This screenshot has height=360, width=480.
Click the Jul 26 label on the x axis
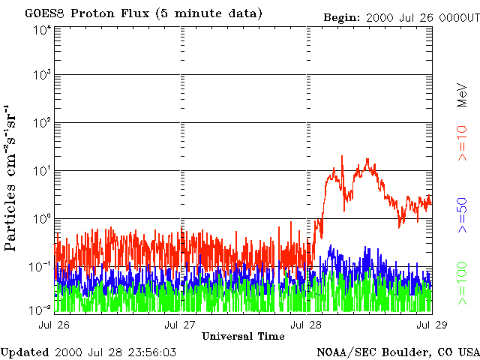point(55,325)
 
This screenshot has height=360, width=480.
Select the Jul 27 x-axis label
point(181,325)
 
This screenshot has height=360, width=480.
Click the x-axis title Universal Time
point(243,336)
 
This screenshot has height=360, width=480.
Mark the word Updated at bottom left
point(25,352)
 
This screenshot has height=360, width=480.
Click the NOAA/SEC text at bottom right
point(343,352)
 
